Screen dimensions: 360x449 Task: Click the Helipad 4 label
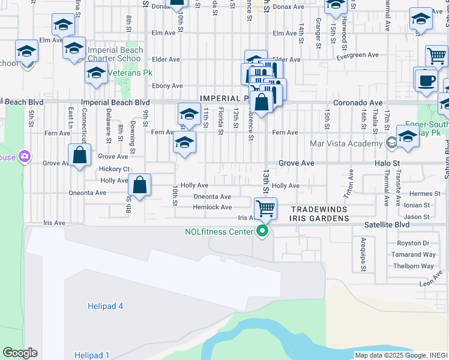pyautogui.click(x=104, y=306)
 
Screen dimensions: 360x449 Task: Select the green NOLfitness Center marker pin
pyautogui.click(x=262, y=231)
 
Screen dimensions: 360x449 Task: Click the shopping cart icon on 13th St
pyautogui.click(x=265, y=209)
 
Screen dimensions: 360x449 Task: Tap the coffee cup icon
pyautogui.click(x=427, y=80)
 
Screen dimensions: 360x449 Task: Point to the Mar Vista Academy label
pyautogui.click(x=346, y=143)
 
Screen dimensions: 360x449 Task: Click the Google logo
pyautogui.click(x=20, y=353)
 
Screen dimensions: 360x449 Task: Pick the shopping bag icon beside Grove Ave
pyautogui.click(x=79, y=155)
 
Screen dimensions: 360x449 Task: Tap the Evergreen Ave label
pyautogui.click(x=357, y=55)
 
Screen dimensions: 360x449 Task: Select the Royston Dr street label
pyautogui.click(x=414, y=244)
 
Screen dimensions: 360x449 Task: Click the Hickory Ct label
pyautogui.click(x=115, y=169)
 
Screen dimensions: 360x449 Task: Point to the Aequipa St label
pyautogui.click(x=363, y=247)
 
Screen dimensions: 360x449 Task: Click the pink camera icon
pyautogui.click(x=25, y=157)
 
